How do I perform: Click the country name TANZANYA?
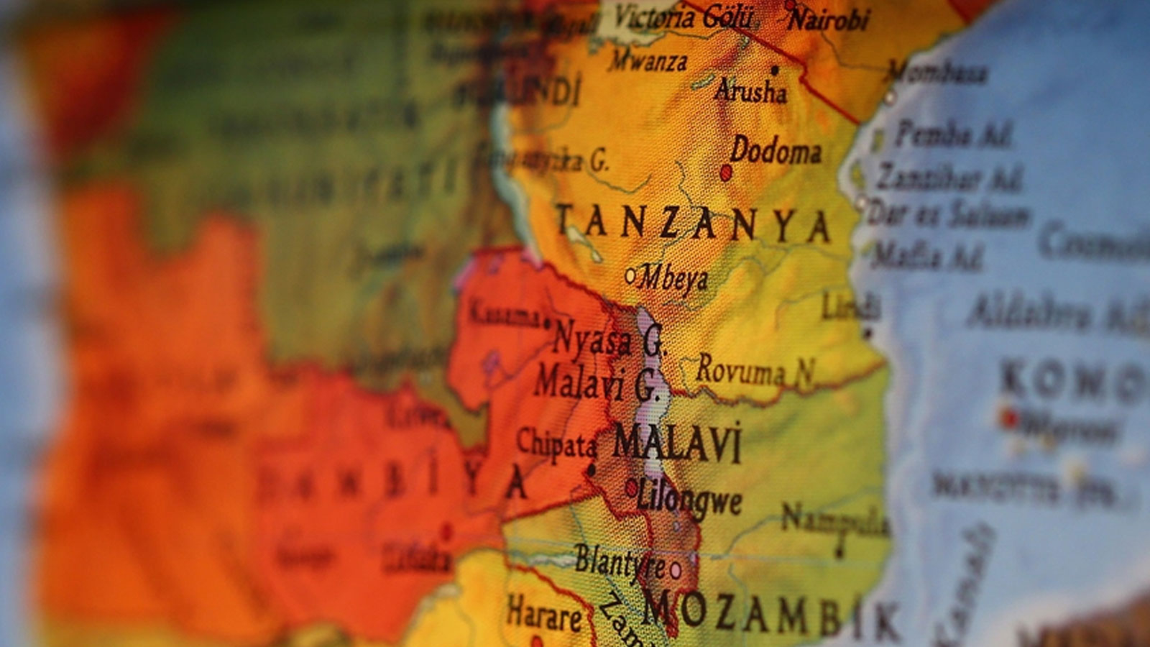point(694,224)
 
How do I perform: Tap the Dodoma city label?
point(776,151)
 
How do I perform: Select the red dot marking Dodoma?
point(726,173)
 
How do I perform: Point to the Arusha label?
point(751,91)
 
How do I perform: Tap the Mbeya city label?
point(674,278)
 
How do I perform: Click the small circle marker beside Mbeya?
point(630,275)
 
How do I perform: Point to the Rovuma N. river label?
point(755,371)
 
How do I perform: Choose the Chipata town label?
point(556,444)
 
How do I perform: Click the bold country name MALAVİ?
point(676,444)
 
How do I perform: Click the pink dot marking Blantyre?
point(676,571)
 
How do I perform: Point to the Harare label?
point(544,615)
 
